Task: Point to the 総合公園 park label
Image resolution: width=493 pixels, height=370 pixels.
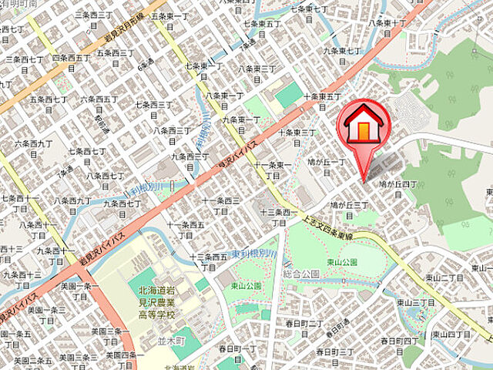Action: click(x=300, y=274)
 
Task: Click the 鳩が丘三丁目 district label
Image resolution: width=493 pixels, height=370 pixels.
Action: click(x=351, y=210)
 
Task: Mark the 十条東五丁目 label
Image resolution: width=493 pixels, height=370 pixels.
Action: click(x=322, y=102)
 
